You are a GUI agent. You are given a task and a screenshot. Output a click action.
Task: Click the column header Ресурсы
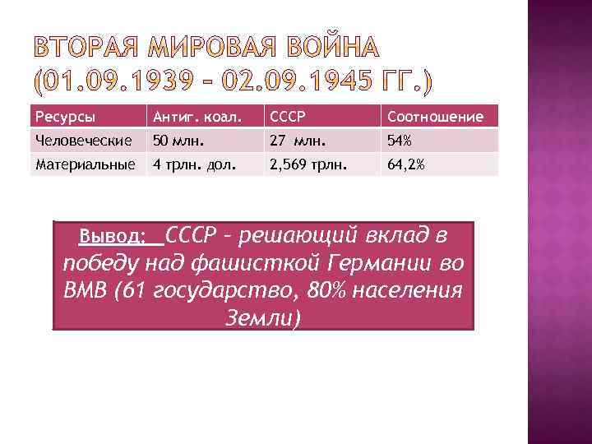[60, 117]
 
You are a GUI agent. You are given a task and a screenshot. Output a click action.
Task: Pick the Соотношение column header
[436, 117]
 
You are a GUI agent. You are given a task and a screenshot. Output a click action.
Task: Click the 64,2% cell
[406, 164]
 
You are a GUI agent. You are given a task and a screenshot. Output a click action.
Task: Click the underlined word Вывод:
[112, 238]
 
